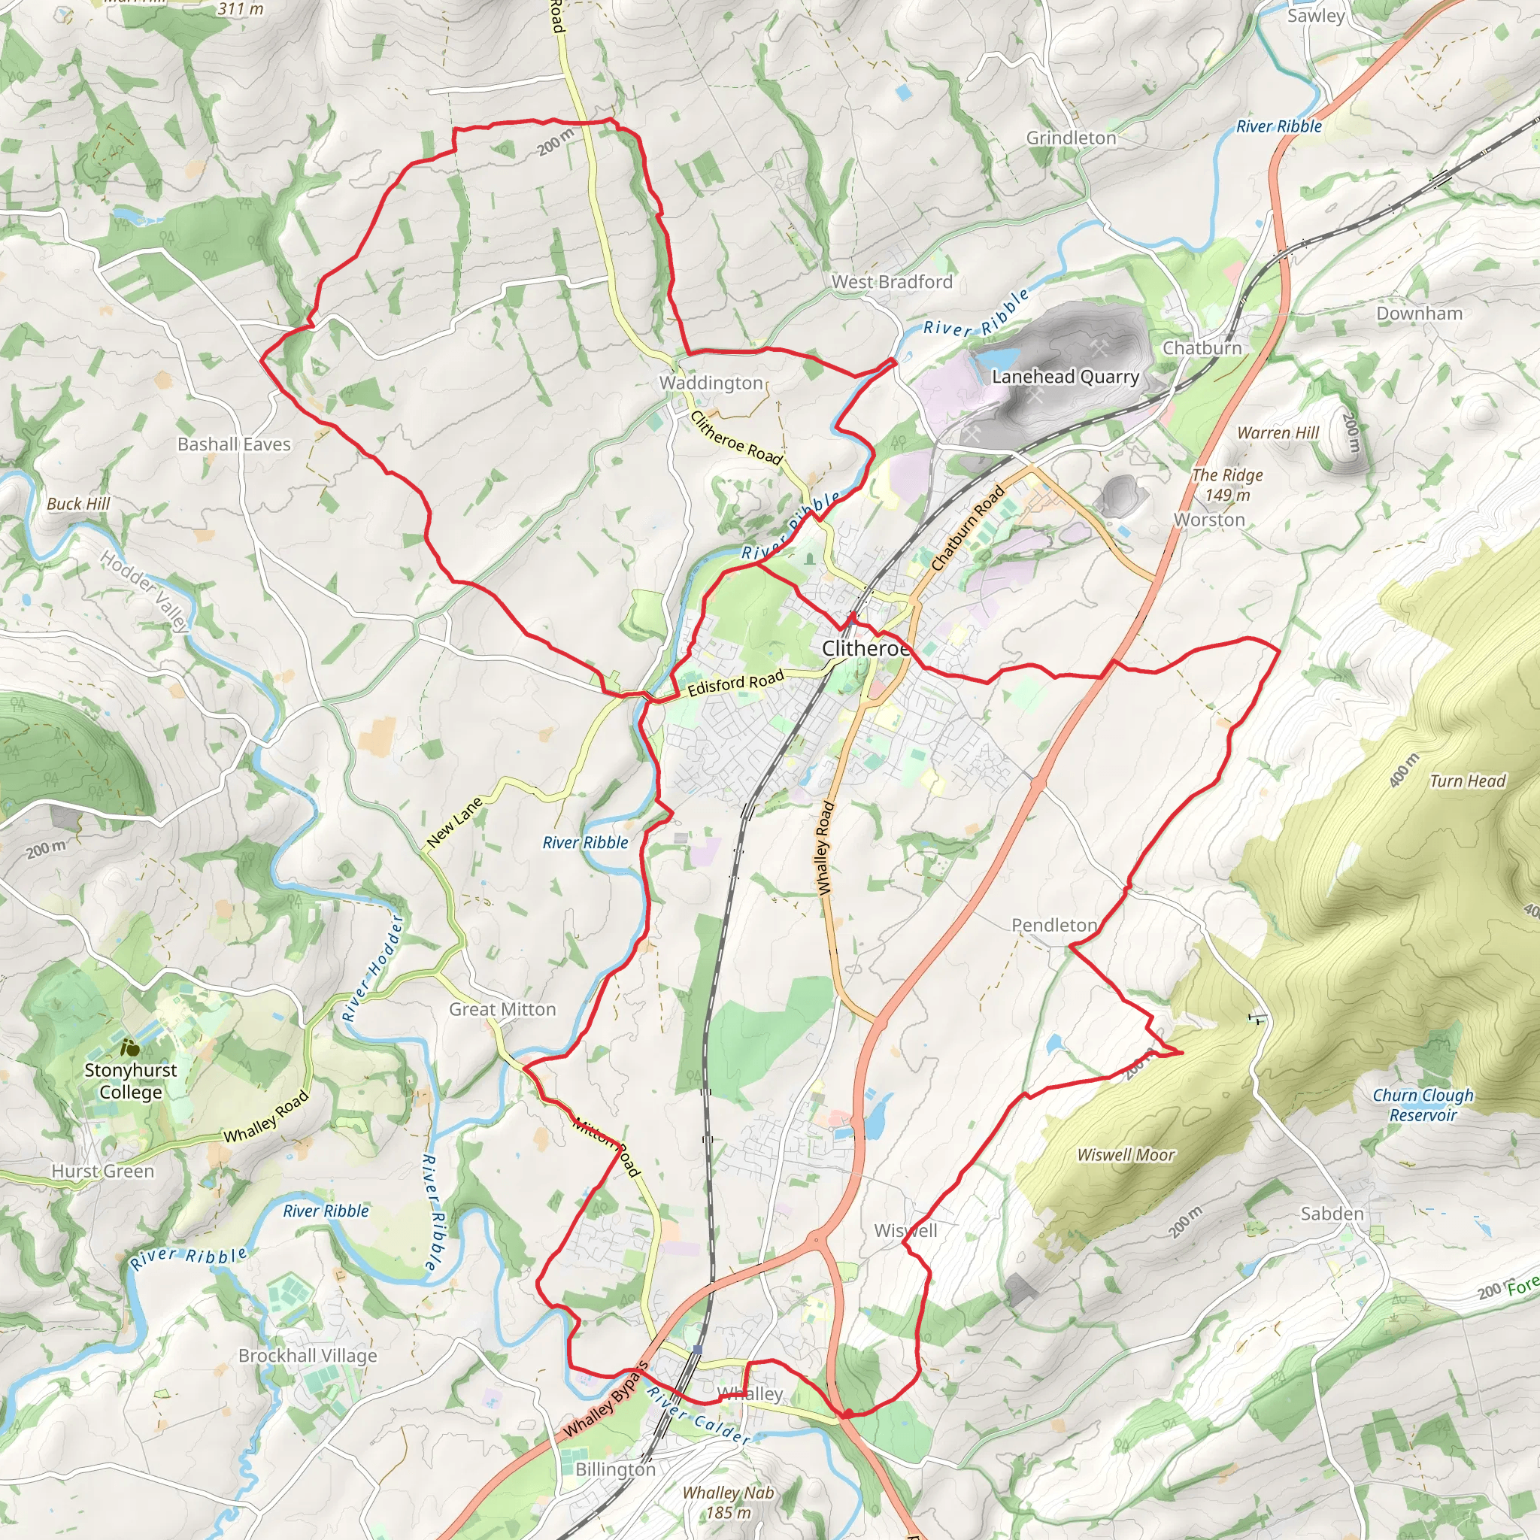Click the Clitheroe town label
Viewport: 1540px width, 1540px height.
click(864, 649)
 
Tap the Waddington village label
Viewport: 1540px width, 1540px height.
click(711, 383)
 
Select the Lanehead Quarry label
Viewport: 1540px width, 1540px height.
click(1065, 377)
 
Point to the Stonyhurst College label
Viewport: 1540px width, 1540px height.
click(131, 1081)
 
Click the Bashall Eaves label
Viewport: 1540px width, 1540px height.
click(235, 445)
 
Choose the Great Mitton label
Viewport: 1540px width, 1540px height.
click(502, 1010)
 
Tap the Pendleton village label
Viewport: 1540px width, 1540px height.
click(1053, 926)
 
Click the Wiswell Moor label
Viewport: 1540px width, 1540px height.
click(1126, 1155)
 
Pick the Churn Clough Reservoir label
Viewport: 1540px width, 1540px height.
click(1423, 1105)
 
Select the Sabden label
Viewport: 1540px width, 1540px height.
click(1332, 1214)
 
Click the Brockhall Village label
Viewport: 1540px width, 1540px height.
click(308, 1356)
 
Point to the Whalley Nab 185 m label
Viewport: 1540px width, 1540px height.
click(728, 1502)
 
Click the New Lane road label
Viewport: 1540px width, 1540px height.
click(455, 822)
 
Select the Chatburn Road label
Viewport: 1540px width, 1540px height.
click(968, 529)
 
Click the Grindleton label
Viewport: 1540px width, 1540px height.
click(1071, 138)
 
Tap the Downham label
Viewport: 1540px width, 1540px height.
click(1420, 314)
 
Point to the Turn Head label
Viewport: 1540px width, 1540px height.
click(1468, 781)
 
